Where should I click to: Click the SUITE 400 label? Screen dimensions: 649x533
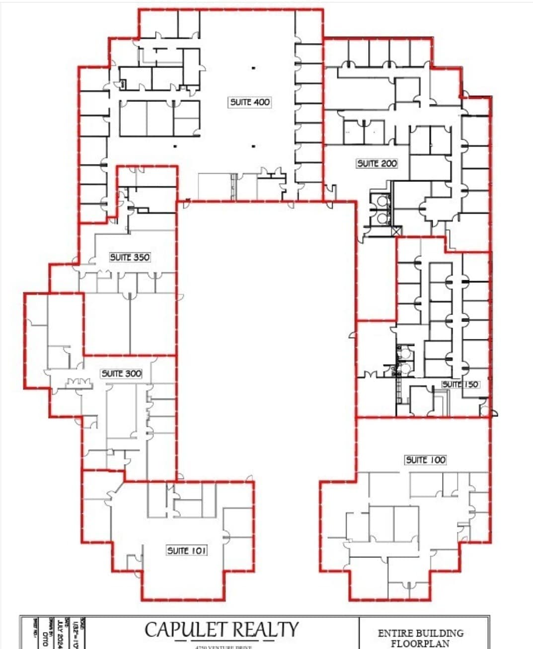click(250, 102)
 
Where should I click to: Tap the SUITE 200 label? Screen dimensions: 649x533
click(377, 163)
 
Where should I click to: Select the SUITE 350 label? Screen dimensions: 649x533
click(130, 257)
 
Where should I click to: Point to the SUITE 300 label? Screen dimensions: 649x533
click(122, 373)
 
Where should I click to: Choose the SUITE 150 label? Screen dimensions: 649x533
click(460, 384)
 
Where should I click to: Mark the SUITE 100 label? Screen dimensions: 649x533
click(426, 460)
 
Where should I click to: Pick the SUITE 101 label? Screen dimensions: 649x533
click(187, 550)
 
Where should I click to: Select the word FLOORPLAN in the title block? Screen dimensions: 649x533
click(420, 644)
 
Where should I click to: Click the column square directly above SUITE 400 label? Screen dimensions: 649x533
click(253, 68)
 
